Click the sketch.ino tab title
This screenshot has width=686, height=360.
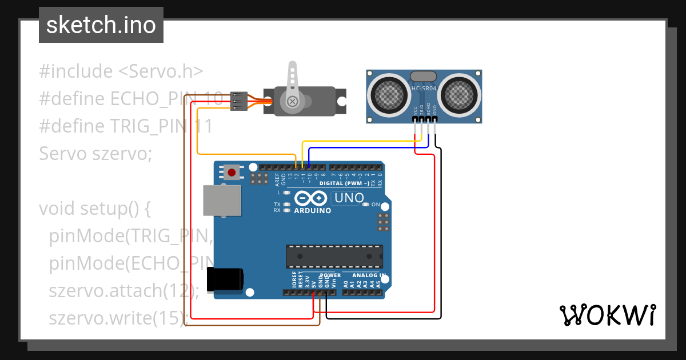point(101,25)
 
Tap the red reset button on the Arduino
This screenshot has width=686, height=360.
point(232,172)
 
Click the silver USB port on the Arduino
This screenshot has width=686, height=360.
point(222,201)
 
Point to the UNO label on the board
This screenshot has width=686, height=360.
point(348,198)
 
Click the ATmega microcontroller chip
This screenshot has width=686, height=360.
point(334,256)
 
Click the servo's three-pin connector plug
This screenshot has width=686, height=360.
point(239,102)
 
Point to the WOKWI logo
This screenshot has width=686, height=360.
point(608,315)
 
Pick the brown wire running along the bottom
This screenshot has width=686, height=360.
point(252,325)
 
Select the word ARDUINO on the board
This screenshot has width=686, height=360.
point(312,210)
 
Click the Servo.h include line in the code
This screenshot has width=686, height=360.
point(121,71)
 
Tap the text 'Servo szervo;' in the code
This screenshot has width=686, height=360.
point(95,153)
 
